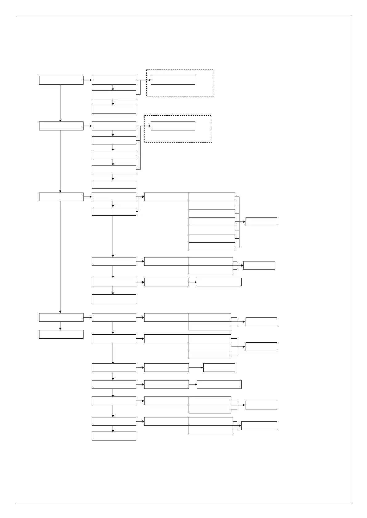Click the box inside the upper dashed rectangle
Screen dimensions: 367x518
point(173,80)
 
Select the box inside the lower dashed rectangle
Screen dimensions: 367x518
point(173,126)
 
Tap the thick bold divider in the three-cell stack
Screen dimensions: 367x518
point(210,351)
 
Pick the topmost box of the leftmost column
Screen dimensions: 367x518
point(61,80)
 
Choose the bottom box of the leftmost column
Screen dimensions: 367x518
point(61,334)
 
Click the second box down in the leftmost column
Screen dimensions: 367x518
point(61,126)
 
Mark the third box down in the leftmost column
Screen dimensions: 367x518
point(61,197)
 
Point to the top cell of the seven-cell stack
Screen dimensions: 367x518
point(212,197)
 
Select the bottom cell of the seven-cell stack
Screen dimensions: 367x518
point(212,247)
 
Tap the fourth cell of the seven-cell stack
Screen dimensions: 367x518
point(212,222)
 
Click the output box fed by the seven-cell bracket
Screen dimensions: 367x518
point(261,222)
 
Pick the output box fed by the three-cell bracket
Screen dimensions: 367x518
point(261,347)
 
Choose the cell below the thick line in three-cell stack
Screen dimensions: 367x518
point(210,355)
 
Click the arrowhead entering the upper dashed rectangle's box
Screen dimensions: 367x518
point(149,80)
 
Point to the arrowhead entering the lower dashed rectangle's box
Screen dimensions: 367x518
point(149,126)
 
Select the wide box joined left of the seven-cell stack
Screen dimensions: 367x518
point(166,197)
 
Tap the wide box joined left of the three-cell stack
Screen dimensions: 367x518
point(166,339)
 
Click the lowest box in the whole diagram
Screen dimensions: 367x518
point(114,436)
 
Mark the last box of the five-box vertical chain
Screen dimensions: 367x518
point(114,184)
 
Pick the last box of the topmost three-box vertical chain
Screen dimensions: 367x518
point(114,109)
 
